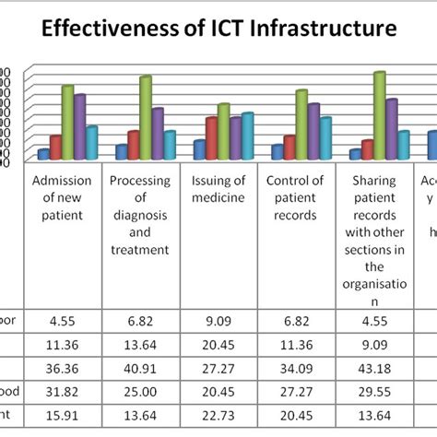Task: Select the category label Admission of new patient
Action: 62,197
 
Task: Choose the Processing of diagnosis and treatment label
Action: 139,214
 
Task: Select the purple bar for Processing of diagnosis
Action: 158,134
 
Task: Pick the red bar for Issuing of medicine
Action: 211,138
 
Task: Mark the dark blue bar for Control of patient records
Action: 278,152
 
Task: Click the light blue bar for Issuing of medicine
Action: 247,136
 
